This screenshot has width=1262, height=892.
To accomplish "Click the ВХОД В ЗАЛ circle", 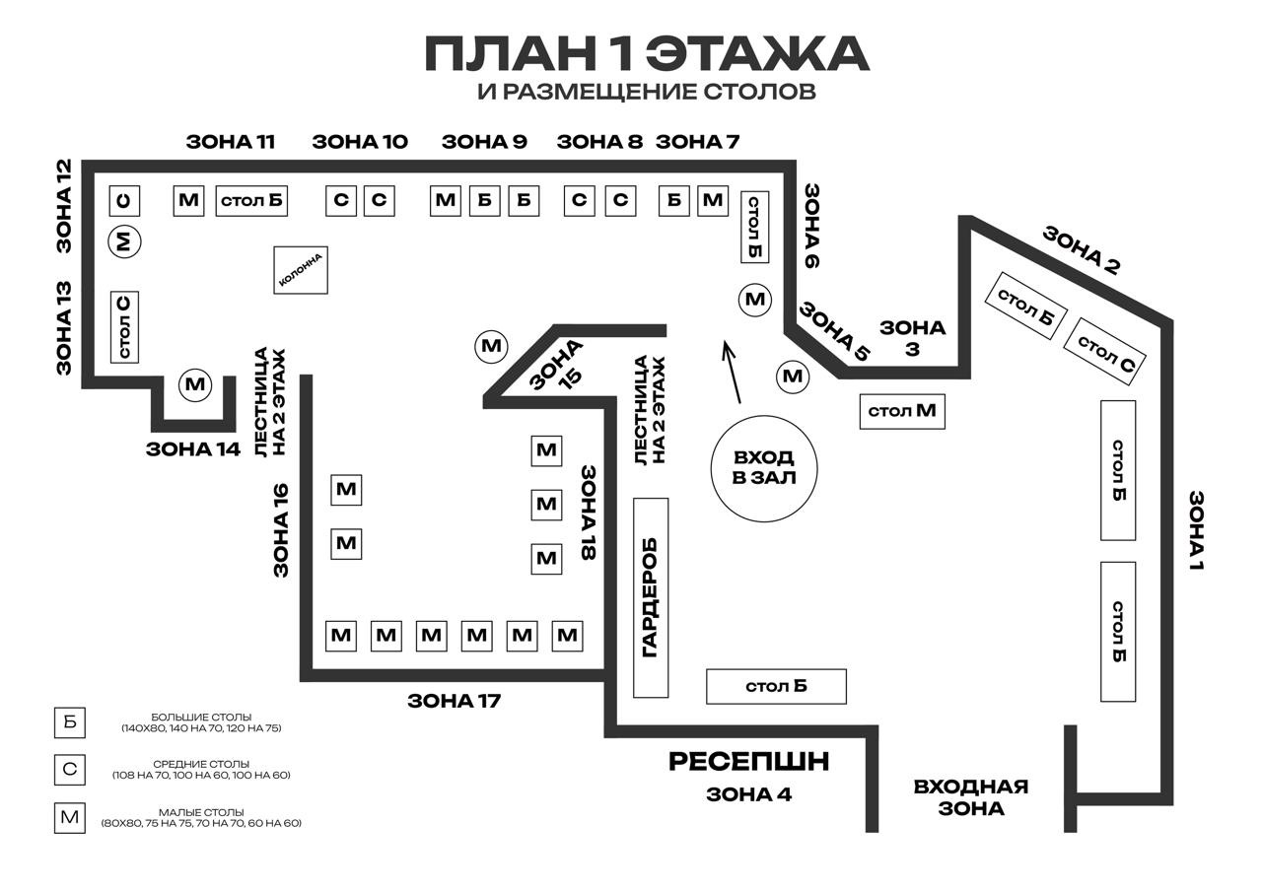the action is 764,418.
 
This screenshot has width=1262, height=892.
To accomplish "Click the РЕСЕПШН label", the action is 748,761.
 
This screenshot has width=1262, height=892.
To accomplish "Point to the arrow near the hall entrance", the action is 732,372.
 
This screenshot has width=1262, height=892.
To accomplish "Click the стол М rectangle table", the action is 902,412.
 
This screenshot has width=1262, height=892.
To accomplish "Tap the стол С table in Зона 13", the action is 124,327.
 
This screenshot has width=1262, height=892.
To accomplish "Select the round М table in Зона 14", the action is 195,384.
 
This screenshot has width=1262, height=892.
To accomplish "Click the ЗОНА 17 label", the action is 455,701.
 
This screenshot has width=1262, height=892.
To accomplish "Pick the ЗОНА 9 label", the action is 484,141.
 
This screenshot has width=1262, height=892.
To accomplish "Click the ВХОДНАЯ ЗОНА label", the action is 971,797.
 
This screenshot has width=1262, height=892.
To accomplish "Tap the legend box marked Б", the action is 70,722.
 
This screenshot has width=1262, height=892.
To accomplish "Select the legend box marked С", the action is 70,770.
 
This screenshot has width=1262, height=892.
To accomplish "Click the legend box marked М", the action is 70,818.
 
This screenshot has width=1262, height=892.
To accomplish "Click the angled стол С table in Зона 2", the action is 1105,352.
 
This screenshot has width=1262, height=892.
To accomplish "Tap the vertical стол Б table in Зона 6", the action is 754,227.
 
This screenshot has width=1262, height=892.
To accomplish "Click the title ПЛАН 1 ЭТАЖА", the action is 647,53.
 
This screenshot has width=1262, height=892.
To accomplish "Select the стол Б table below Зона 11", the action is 251,201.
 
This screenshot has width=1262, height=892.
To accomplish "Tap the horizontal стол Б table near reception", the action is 776,686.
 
